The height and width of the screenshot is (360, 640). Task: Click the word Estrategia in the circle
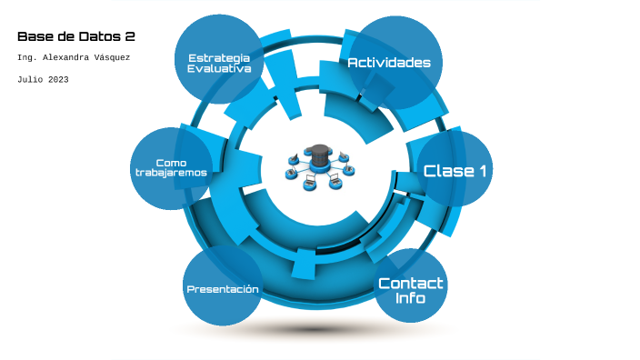(219, 59)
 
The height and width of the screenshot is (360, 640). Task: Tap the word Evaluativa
(219, 68)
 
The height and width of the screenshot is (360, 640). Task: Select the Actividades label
(389, 63)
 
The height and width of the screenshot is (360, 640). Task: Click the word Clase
(448, 171)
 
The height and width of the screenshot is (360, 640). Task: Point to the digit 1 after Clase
(484, 171)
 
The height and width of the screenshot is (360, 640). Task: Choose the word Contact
(411, 284)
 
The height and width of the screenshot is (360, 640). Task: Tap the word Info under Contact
(410, 298)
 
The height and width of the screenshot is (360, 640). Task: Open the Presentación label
(223, 289)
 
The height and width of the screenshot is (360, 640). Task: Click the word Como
(171, 163)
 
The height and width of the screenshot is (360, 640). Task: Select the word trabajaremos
(171, 173)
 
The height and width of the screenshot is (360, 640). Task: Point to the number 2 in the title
(130, 36)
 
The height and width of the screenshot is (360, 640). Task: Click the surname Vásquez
(112, 57)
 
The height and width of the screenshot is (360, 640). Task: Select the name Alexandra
(65, 57)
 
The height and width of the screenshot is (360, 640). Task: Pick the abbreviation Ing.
(27, 58)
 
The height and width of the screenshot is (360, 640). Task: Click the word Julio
(30, 80)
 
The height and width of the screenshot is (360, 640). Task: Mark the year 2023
(58, 80)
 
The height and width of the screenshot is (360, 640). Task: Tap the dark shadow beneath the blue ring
(315, 329)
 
